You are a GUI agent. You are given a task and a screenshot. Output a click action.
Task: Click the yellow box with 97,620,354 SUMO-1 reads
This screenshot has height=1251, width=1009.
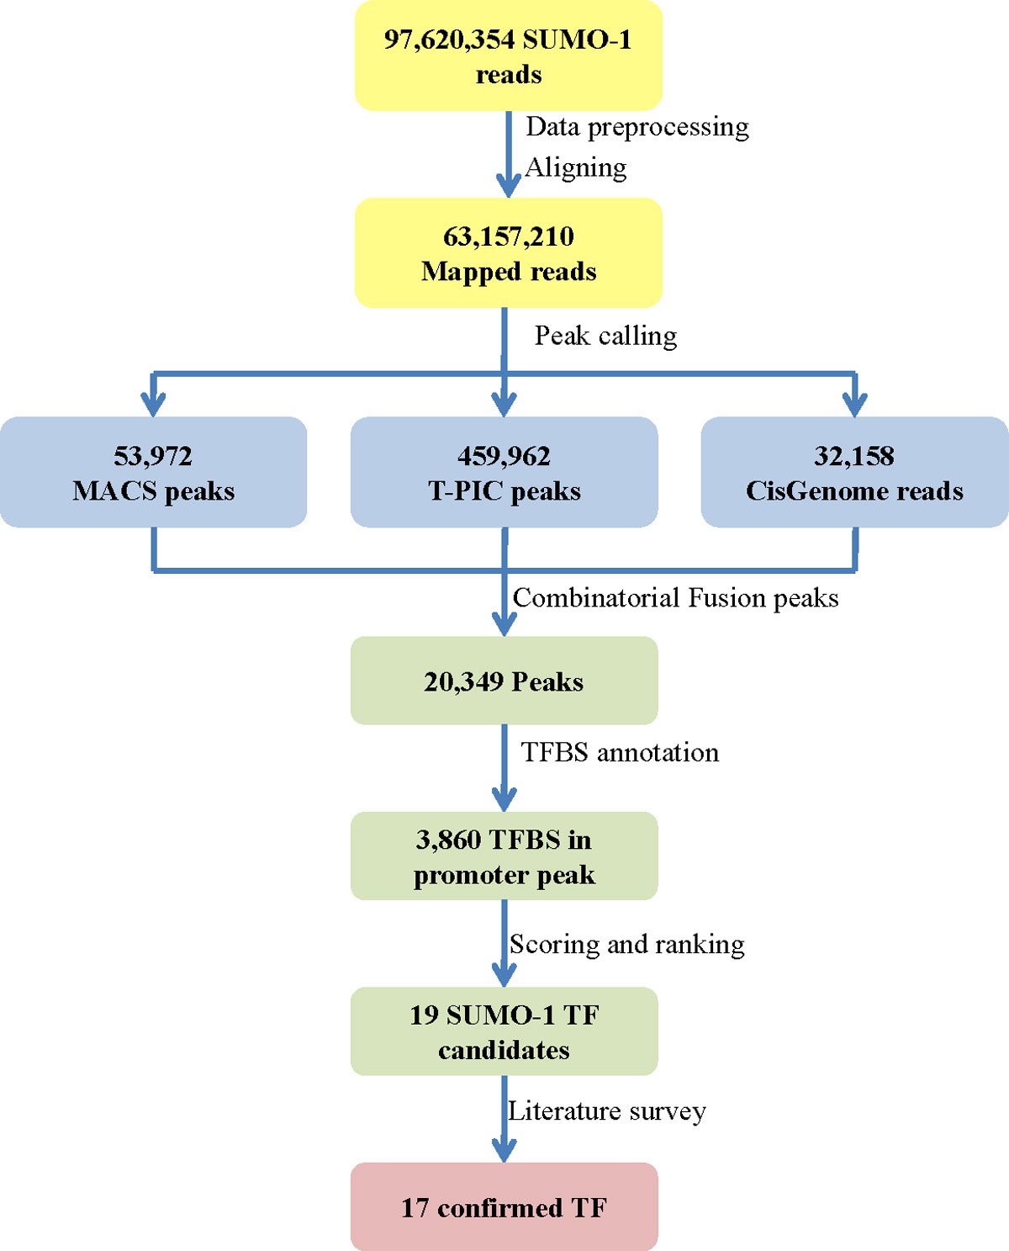[508, 56]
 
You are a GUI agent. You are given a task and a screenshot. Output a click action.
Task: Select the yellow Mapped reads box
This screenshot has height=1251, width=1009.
[508, 253]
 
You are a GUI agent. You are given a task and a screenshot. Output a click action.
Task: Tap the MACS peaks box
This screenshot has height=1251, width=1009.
[153, 472]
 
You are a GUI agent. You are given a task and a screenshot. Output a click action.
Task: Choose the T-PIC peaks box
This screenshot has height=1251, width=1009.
[504, 472]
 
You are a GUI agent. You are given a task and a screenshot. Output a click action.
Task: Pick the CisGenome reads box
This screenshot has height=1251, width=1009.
[854, 472]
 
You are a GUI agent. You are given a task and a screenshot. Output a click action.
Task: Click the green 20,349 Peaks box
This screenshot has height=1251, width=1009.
[504, 681]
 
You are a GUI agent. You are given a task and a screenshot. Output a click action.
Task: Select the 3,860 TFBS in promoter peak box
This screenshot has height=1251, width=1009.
[504, 856]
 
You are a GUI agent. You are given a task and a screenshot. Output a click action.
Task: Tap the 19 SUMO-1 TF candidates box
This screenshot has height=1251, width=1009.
[504, 1031]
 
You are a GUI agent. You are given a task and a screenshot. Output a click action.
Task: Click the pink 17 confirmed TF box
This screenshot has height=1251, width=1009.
[504, 1207]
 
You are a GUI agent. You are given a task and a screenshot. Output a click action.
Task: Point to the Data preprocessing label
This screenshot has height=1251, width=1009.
[637, 127]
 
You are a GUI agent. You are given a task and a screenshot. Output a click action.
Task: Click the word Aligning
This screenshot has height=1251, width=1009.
[576, 167]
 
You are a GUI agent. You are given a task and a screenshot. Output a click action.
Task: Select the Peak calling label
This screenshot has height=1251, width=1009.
[605, 336]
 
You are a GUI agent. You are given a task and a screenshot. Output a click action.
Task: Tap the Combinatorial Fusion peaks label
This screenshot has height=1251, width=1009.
[675, 598]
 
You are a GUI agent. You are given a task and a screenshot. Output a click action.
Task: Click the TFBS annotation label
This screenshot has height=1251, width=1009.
[620, 752]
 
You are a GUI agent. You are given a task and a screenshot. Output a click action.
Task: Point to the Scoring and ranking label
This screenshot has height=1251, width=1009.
[626, 944]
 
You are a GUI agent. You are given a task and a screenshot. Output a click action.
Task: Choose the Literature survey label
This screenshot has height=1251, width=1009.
[606, 1111]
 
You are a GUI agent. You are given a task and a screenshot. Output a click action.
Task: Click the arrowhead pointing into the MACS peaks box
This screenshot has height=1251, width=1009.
[153, 405]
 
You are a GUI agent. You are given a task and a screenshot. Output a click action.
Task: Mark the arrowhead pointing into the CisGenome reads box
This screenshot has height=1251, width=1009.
[854, 405]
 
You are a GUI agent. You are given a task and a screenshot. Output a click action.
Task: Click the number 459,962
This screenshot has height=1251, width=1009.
[504, 456]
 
